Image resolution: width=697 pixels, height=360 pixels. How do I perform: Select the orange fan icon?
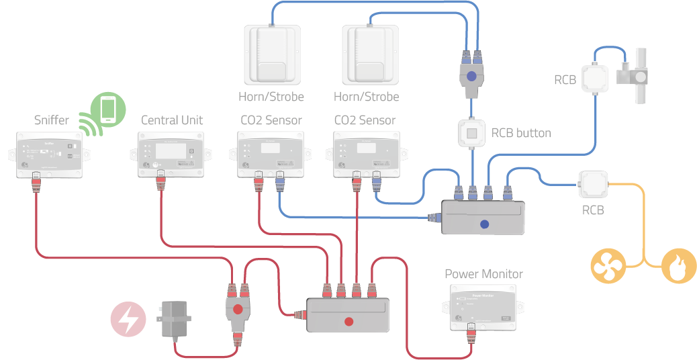coord(608,265)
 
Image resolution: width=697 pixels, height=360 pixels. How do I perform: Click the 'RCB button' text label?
coord(521,133)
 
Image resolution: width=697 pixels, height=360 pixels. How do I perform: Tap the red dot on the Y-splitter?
coord(237,310)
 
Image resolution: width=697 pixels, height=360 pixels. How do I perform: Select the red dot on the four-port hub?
coord(348,321)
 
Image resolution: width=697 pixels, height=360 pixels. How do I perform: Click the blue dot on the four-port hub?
coord(484,225)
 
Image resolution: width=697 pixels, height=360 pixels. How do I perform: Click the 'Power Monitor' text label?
coord(483,274)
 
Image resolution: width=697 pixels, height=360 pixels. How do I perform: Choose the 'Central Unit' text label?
coord(172,121)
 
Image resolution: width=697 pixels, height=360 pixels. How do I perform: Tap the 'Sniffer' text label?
coord(52,121)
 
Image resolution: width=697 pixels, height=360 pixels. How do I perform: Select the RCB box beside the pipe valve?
coord(597,77)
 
